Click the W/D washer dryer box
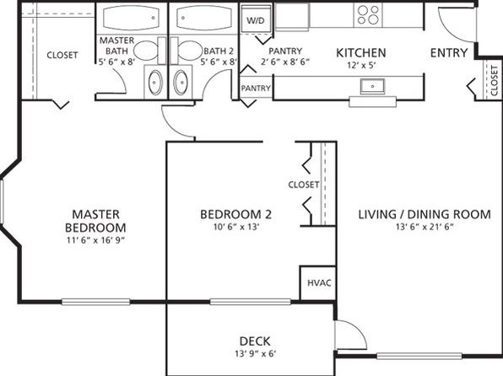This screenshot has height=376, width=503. click(x=256, y=19)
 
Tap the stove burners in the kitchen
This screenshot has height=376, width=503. click(x=368, y=15)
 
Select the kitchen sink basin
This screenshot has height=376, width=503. click(x=372, y=86)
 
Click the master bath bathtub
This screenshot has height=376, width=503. click(x=131, y=18)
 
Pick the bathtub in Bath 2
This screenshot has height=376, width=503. click(x=204, y=18)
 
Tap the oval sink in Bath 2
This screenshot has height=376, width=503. click(x=181, y=83)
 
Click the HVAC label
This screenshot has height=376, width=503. click(x=319, y=282)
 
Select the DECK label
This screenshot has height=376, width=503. click(x=255, y=341)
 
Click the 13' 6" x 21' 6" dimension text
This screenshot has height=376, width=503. click(x=425, y=227)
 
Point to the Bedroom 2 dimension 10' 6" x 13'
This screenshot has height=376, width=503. click(x=236, y=227)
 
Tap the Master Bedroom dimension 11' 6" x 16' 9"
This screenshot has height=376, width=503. click(x=95, y=240)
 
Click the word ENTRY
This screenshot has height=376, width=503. click(x=449, y=52)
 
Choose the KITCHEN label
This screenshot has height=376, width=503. click(x=361, y=53)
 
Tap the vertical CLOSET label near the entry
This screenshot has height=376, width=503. click(x=495, y=81)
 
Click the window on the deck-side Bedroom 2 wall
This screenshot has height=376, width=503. click(x=250, y=302)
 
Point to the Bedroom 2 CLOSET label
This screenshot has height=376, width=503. click(x=304, y=185)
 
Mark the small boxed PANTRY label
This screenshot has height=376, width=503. click(x=256, y=89)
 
